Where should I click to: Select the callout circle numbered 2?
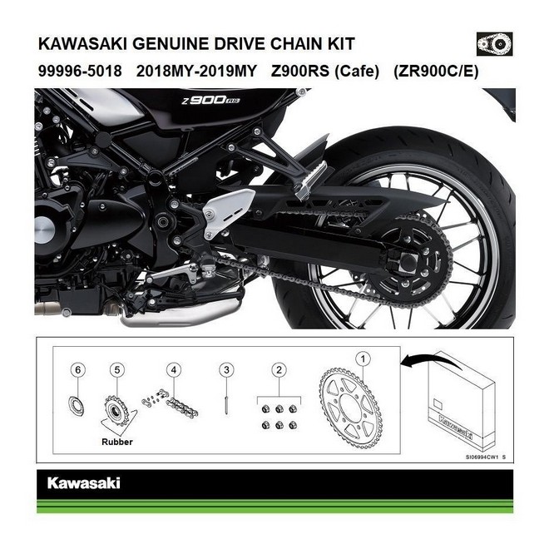[280, 368]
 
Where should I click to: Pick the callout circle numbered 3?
[225, 368]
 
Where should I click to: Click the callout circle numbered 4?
[173, 368]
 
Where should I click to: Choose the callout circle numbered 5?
[117, 368]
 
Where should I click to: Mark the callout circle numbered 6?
[78, 368]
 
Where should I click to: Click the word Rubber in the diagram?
[116, 442]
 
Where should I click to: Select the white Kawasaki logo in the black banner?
[83, 482]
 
